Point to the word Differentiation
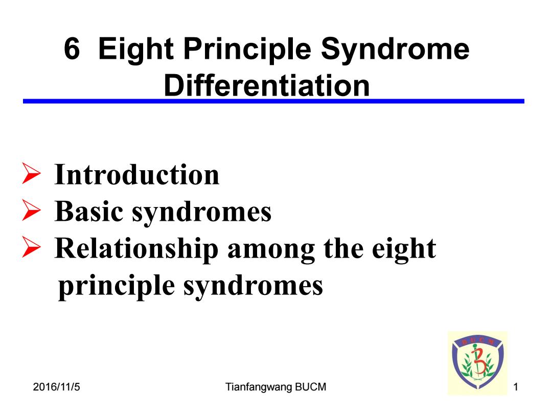(267, 85)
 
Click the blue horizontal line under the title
(273, 101)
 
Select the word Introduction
(136, 174)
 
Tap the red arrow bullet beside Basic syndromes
(31, 210)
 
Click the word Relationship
(136, 249)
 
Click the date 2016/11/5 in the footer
(56, 387)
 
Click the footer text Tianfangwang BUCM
(275, 387)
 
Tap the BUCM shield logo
(478, 362)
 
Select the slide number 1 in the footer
(516, 387)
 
